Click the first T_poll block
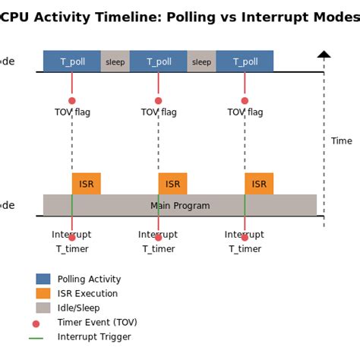tap(72, 62)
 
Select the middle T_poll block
tap(159, 62)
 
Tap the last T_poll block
tap(245, 62)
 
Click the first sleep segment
tap(115, 62)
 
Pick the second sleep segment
tap(201, 62)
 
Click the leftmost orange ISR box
tap(87, 184)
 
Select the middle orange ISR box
tap(173, 184)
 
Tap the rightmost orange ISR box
tap(259, 184)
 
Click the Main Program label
tap(180, 206)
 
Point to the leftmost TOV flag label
tap(72, 112)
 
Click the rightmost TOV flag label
tap(245, 112)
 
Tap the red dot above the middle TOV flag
tap(158, 100)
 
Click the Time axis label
tap(342, 141)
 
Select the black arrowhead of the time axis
tap(324, 54)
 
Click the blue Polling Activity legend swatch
tap(43, 279)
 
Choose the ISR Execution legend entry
tap(87, 294)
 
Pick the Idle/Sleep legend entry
tap(78, 308)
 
